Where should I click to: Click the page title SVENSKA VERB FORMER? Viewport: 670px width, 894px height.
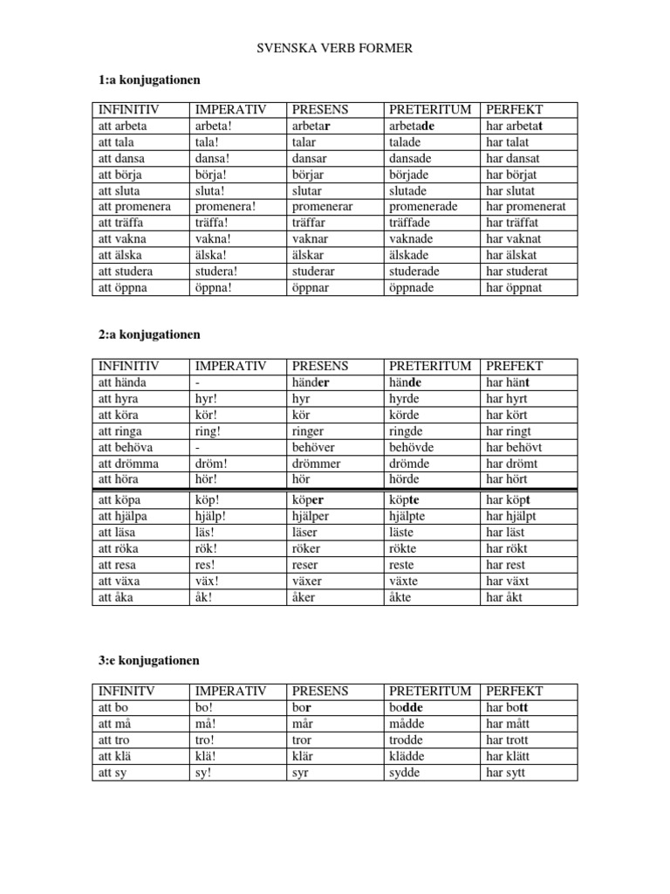pos(335,48)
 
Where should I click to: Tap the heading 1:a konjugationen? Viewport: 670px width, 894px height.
pos(149,80)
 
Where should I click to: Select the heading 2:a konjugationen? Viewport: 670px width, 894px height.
pos(150,334)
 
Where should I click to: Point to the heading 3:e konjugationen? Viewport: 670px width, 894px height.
pos(149,659)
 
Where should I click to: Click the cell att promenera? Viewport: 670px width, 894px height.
pos(134,207)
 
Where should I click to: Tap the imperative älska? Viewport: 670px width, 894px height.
pos(214,255)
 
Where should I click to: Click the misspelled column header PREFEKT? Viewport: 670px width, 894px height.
pos(515,367)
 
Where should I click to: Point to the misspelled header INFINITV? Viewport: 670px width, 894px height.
pos(126,691)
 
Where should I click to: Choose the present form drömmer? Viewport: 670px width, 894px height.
pos(317,464)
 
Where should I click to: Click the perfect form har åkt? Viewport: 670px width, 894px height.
pos(507,597)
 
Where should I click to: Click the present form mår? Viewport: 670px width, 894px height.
pos(302,724)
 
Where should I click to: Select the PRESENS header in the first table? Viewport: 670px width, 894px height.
pos(320,110)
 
